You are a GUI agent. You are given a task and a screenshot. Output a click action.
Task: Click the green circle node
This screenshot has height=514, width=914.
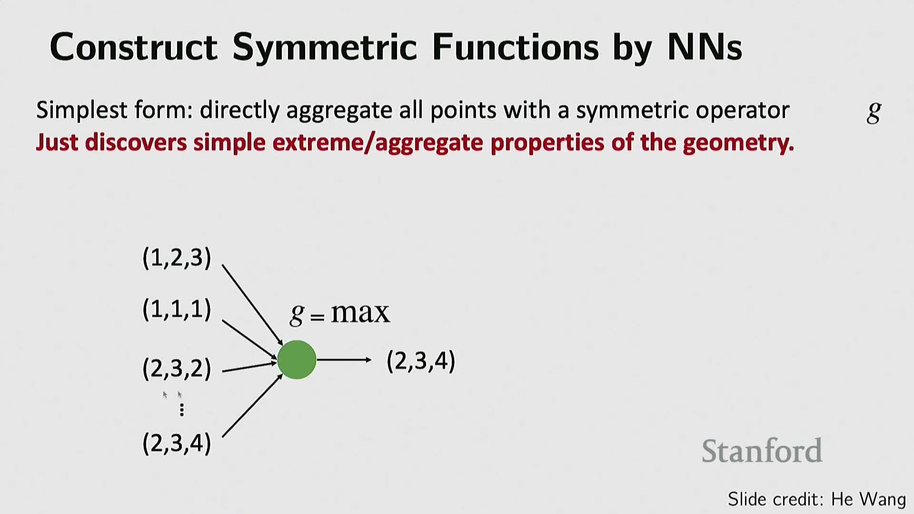[x=297, y=360]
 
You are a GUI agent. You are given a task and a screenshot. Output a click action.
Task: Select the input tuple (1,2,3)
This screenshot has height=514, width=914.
[x=177, y=258]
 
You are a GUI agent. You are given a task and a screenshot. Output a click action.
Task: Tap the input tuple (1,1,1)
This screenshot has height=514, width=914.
[x=177, y=309]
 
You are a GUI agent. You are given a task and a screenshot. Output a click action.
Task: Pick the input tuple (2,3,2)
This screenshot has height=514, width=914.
[x=177, y=369]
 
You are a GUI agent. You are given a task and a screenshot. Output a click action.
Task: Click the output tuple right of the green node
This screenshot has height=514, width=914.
[x=421, y=361]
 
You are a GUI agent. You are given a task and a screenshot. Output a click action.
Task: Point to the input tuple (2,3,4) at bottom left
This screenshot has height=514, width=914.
[x=177, y=443]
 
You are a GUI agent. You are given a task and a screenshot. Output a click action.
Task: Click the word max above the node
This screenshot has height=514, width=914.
[x=360, y=313]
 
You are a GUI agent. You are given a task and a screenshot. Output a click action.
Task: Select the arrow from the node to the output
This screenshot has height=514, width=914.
[x=344, y=360]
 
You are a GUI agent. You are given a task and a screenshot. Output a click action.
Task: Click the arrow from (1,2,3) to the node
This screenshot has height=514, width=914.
[x=253, y=305]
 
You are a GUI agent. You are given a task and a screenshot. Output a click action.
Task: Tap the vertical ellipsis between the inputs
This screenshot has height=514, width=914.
[x=181, y=410]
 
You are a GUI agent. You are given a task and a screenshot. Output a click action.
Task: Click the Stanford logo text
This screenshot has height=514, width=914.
[x=762, y=451]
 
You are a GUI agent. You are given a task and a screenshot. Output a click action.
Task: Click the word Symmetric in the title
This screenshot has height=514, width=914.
[x=325, y=47]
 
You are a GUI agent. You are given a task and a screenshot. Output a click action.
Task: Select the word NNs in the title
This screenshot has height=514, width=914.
[x=705, y=47]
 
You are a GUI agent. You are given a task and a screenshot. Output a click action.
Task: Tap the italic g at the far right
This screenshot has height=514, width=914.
[x=874, y=112]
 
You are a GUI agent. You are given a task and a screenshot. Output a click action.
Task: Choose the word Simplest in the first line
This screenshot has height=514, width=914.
[x=82, y=110]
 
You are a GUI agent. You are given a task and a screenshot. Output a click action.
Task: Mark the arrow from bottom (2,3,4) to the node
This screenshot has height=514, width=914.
[x=253, y=405]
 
